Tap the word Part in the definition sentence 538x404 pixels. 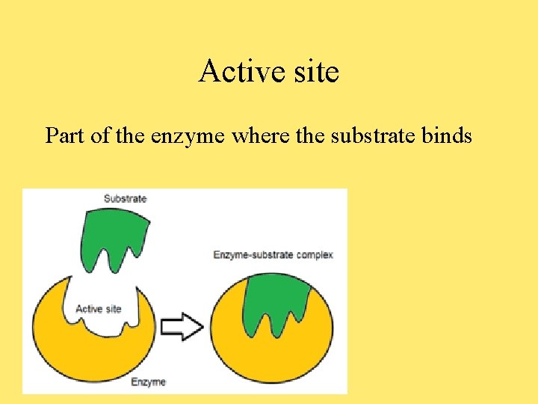pos(64,135)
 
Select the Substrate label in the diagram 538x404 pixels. pos(125,199)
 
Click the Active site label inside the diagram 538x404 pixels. pos(99,309)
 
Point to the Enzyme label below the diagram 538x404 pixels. pos(148,382)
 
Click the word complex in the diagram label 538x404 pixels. pos(315,255)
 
